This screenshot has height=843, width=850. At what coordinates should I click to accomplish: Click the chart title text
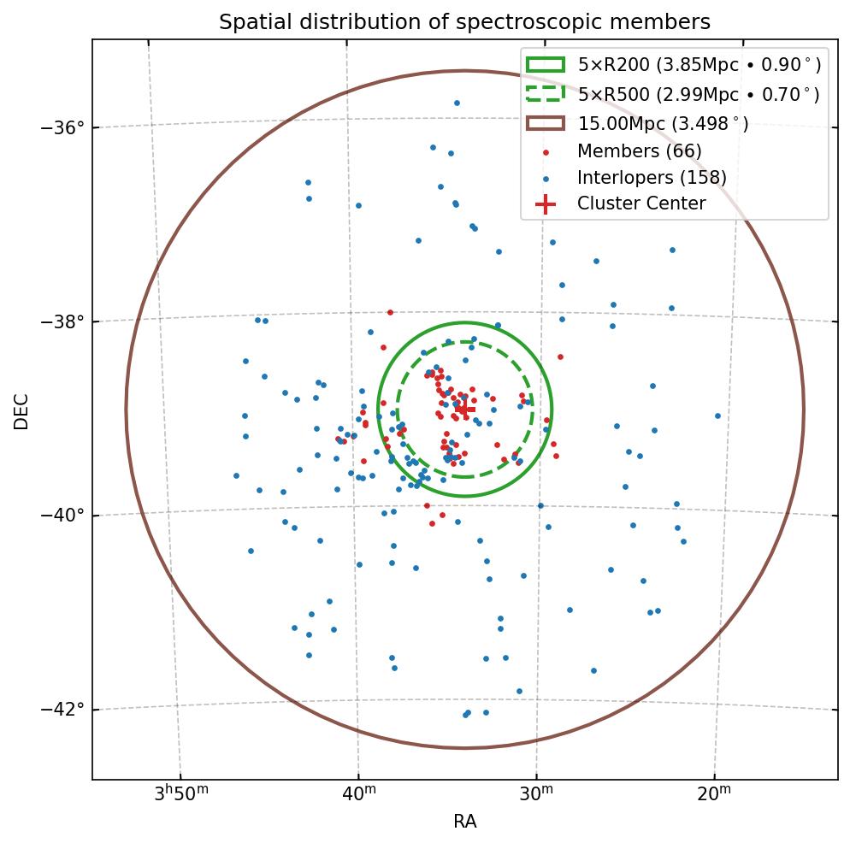point(464,21)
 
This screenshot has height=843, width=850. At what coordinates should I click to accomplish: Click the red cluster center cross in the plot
point(464,410)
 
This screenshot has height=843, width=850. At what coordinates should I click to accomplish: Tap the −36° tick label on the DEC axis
point(63,127)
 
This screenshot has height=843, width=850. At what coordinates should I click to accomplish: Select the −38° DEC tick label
point(63,321)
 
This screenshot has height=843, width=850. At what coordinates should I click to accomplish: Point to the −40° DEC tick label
point(63,516)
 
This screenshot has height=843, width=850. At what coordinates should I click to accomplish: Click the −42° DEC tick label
point(63,710)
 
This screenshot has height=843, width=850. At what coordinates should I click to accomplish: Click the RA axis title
point(464,822)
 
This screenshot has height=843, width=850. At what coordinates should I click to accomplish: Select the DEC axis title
point(21,410)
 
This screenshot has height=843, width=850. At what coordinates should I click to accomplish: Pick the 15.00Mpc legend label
point(663,124)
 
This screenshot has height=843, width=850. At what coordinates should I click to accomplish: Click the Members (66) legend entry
point(639,151)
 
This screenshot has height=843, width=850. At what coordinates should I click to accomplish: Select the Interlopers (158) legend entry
point(652,178)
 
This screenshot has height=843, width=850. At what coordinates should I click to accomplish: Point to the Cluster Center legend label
point(641,203)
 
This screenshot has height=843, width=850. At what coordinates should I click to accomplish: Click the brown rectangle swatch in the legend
point(545,123)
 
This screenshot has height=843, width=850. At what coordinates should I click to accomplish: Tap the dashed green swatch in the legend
point(545,94)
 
